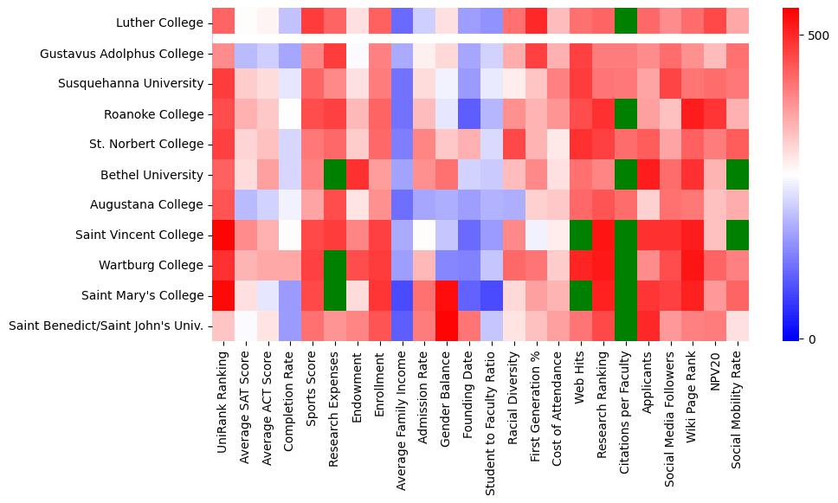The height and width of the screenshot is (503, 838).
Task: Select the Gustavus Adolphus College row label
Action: coord(121,54)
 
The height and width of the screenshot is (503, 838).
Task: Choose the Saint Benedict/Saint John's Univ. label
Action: coord(105,326)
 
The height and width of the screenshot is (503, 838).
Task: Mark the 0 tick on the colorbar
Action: coord(809,339)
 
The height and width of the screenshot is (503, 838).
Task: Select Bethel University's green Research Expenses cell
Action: coord(332,174)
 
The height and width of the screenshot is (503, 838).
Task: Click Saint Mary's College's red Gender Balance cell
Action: coord(445,295)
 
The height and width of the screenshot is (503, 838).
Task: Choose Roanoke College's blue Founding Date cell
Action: coord(467,113)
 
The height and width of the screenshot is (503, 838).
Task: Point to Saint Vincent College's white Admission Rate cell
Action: coord(422,235)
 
